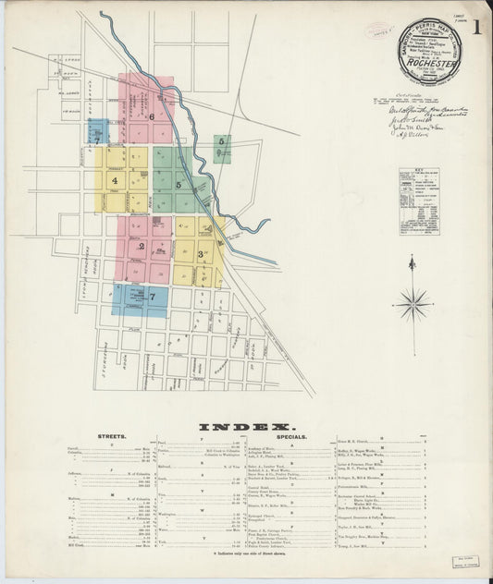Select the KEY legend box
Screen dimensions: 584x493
tap(419, 201)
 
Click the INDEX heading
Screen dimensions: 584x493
tap(245, 425)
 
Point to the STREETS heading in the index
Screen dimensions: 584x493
tap(111, 435)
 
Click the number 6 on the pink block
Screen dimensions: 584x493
tap(151, 116)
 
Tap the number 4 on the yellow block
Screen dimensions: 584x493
tap(115, 181)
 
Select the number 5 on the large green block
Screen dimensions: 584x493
tap(178, 185)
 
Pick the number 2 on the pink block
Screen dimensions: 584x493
tap(141, 246)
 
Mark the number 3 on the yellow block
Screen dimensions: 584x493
tap(200, 252)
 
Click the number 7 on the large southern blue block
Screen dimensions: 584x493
tap(152, 297)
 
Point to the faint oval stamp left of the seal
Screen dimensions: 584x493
tap(377, 30)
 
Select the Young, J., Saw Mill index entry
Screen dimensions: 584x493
tap(353, 546)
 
